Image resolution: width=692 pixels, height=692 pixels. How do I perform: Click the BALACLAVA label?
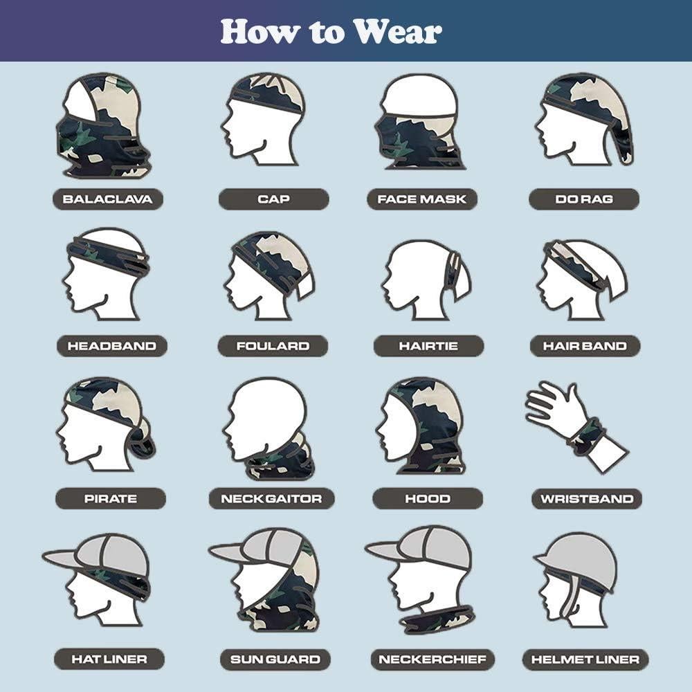point(107,199)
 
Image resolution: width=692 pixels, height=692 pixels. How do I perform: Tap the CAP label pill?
point(273,199)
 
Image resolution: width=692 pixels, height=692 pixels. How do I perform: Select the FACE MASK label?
point(422,199)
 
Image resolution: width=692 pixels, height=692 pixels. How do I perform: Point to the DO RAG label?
point(583,199)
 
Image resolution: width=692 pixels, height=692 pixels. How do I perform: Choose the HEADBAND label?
point(111,346)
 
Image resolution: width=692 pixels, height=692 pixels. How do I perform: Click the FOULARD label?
point(273,346)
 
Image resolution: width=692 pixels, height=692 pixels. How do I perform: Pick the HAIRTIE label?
point(428,346)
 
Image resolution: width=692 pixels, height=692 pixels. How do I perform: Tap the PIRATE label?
point(111,498)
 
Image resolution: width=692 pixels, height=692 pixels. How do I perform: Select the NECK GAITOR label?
point(271,498)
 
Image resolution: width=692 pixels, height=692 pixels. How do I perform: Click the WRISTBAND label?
point(587,498)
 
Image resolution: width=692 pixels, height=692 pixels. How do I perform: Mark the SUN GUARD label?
point(275,659)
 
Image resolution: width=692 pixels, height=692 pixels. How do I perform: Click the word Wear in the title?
point(395,31)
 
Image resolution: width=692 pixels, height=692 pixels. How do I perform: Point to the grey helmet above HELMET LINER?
point(579,557)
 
